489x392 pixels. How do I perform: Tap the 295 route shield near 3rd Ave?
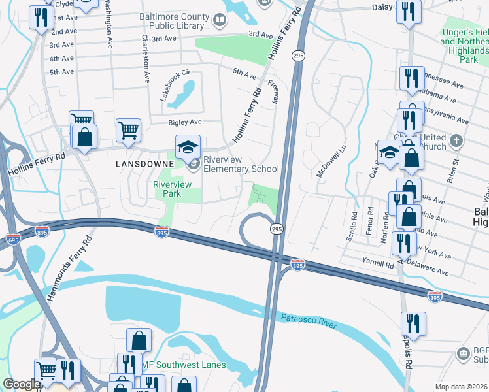point(297,56)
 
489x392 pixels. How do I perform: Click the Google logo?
point(22,384)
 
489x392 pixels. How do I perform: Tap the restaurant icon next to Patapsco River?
point(413,323)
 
